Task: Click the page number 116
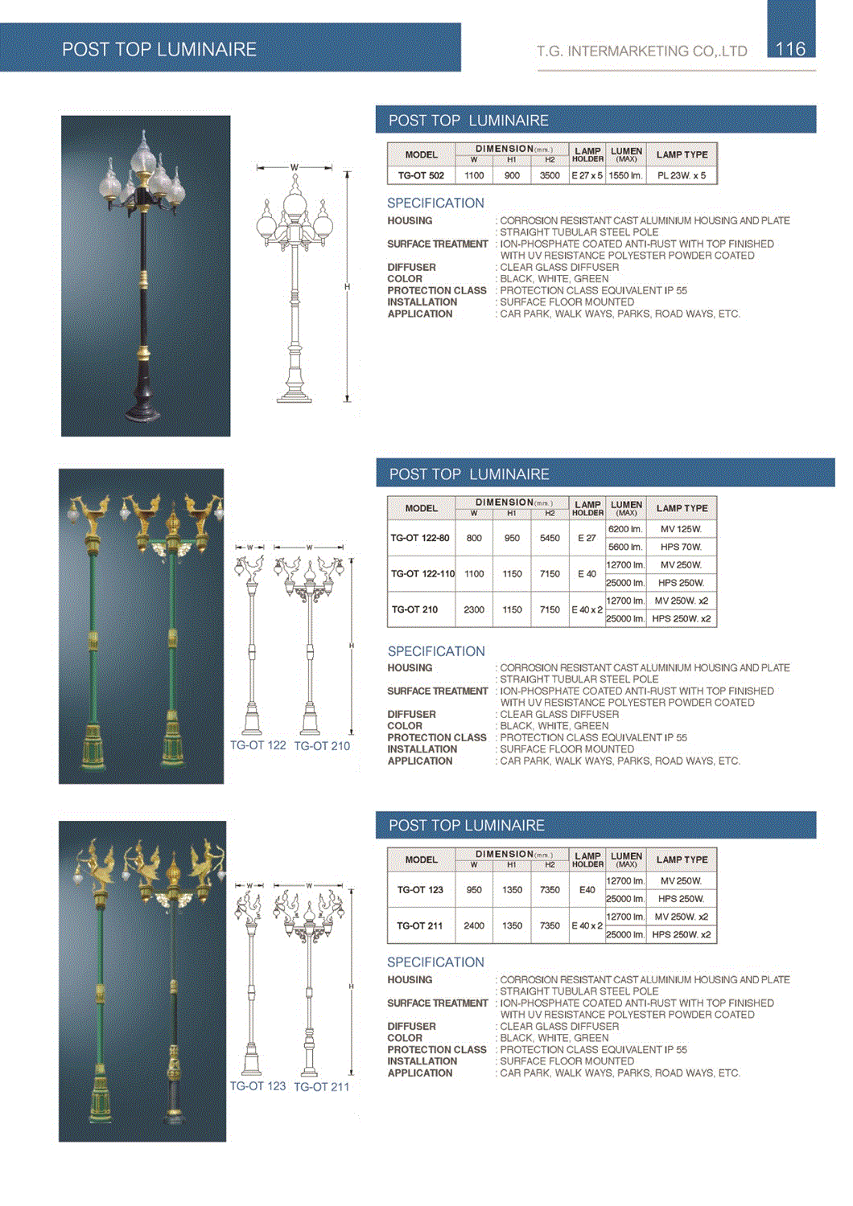790,49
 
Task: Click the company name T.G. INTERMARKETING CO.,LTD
642,51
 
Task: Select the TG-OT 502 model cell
421,175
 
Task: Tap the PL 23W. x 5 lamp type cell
681,175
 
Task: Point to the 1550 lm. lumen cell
625,175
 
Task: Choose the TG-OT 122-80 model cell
420,538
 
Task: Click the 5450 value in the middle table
550,538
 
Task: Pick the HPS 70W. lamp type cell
681,547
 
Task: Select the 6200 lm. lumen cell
625,529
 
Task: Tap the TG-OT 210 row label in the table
415,609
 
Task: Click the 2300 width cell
474,609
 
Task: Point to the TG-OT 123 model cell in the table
420,890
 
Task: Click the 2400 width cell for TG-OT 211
474,925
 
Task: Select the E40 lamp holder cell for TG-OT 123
587,890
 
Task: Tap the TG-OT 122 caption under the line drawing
258,745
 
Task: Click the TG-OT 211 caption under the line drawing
322,1087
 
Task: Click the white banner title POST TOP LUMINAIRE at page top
159,49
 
